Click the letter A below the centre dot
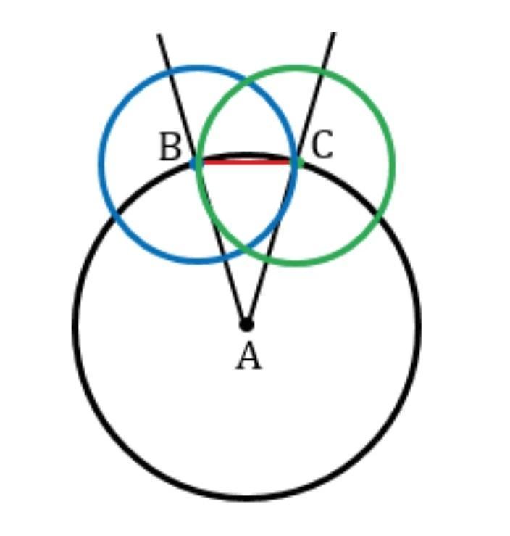pos(248,358)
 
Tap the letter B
pos(170,147)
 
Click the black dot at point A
pos(246,324)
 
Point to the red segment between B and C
pos(246,162)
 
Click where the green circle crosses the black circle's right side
pos(378,213)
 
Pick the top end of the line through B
pos(159,34)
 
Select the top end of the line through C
pos(334,33)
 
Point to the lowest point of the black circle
pos(246,498)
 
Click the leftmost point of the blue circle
pos(100,165)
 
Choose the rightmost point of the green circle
pos(393,165)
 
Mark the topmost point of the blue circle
pos(198,67)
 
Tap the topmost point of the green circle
pos(296,67)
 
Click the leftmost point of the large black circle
pos(75,325)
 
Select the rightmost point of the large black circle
pos(419,325)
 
